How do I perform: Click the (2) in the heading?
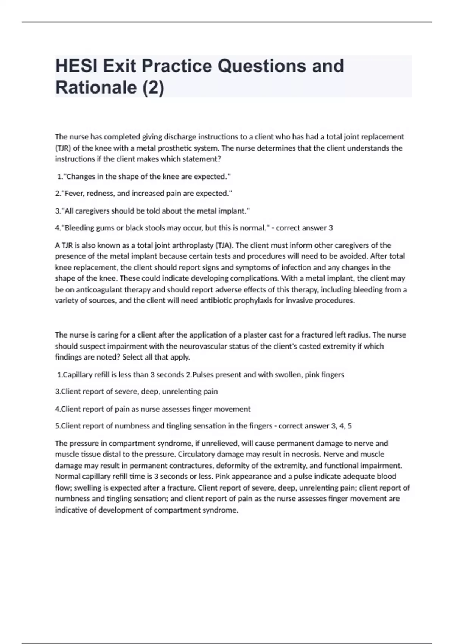point(153,88)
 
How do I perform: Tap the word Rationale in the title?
point(96,88)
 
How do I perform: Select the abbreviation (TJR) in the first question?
point(63,148)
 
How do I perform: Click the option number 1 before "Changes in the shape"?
point(59,177)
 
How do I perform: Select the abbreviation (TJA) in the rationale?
point(223,245)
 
